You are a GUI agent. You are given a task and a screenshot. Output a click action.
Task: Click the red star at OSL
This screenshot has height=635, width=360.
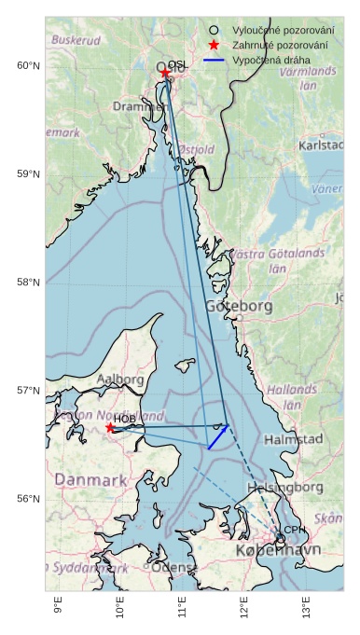[165, 73]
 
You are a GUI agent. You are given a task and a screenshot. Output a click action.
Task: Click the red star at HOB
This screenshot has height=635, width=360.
[110, 427]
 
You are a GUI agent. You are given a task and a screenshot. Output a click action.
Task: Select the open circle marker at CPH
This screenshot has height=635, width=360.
[280, 538]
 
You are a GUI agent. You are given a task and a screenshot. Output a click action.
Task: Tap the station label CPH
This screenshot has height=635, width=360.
[294, 530]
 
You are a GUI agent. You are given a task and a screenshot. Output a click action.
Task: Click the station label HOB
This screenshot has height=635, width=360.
[125, 419]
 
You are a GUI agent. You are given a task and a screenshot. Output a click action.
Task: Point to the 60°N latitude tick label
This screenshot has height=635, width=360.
[29, 65]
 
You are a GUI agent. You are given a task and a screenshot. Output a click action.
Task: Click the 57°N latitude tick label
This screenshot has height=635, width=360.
[29, 391]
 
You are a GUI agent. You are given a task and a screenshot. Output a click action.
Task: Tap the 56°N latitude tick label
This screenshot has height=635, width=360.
[29, 499]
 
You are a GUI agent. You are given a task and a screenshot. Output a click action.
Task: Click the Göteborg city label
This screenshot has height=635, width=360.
[239, 306]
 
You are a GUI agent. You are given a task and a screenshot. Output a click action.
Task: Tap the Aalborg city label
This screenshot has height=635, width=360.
[120, 380]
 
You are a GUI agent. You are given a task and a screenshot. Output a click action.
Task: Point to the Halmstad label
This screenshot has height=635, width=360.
[293, 438]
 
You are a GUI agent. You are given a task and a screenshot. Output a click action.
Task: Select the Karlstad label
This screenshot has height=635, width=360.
[321, 145]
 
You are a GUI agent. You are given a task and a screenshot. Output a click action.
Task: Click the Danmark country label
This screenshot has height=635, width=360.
[90, 479]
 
